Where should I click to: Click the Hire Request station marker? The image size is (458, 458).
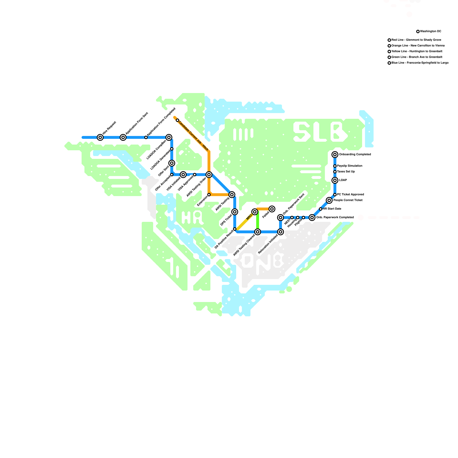(100, 137)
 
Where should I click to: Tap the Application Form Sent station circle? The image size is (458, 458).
(123, 137)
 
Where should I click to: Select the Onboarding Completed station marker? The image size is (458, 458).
(335, 155)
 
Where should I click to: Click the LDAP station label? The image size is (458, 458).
(343, 180)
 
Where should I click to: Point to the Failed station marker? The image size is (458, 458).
(272, 209)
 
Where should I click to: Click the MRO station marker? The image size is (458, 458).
(255, 212)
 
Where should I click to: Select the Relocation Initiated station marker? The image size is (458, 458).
(281, 232)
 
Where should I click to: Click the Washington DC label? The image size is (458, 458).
(431, 31)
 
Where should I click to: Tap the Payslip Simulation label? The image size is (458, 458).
(350, 166)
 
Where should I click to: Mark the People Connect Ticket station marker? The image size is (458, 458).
(329, 200)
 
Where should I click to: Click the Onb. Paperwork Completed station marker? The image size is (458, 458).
(312, 218)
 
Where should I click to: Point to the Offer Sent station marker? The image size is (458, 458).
(172, 163)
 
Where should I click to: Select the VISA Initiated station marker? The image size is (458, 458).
(183, 175)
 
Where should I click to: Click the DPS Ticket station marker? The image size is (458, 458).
(235, 212)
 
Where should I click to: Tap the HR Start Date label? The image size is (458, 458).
(332, 209)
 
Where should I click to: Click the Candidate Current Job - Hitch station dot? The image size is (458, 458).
(177, 120)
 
